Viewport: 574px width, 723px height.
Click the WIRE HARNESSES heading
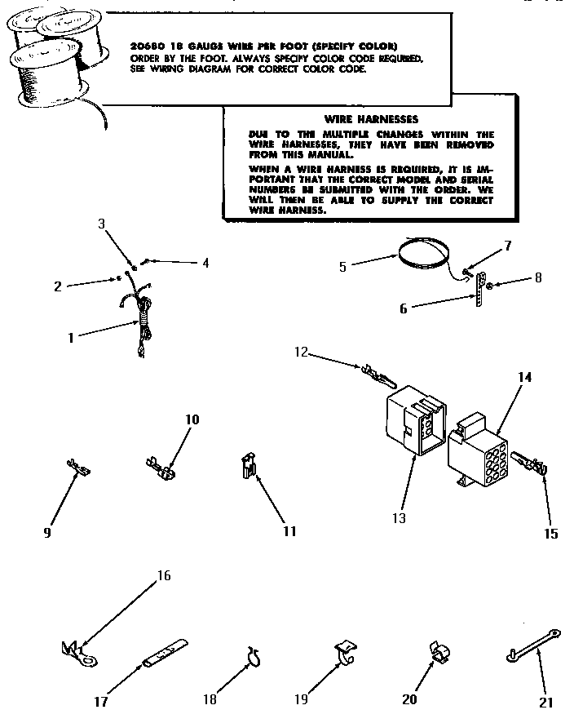pos(371,119)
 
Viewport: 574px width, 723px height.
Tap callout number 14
pos(524,378)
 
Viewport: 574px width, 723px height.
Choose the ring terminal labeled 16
pos(74,650)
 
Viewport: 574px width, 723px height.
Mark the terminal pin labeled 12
pos(378,378)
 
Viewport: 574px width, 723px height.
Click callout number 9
pos(47,532)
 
